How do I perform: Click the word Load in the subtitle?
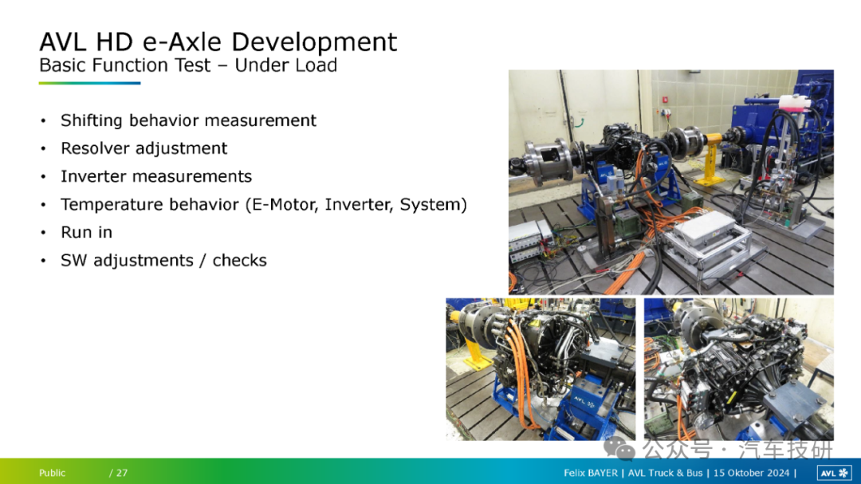316,65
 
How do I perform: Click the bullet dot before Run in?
43,233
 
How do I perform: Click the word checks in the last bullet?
239,260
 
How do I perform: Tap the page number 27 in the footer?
122,473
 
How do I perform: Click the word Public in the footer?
52,473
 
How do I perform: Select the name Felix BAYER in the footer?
590,473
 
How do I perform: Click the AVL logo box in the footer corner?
835,473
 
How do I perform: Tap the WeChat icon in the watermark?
619,450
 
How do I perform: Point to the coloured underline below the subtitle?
89,84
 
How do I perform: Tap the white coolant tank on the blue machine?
793,102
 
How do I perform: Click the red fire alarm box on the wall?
665,100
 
